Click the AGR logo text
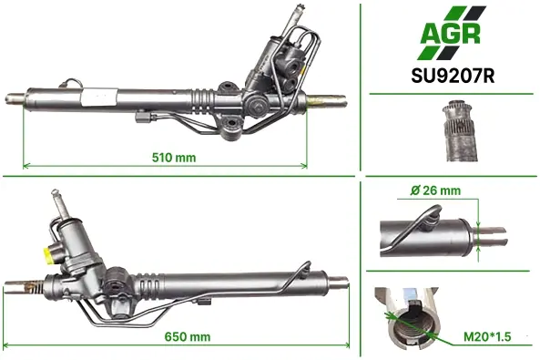(450, 34)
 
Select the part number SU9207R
(453, 77)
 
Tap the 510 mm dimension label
(174, 158)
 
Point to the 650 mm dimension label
(188, 336)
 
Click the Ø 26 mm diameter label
(435, 190)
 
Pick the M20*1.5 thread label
(487, 336)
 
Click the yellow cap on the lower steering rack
(48, 253)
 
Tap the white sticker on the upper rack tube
(100, 97)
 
